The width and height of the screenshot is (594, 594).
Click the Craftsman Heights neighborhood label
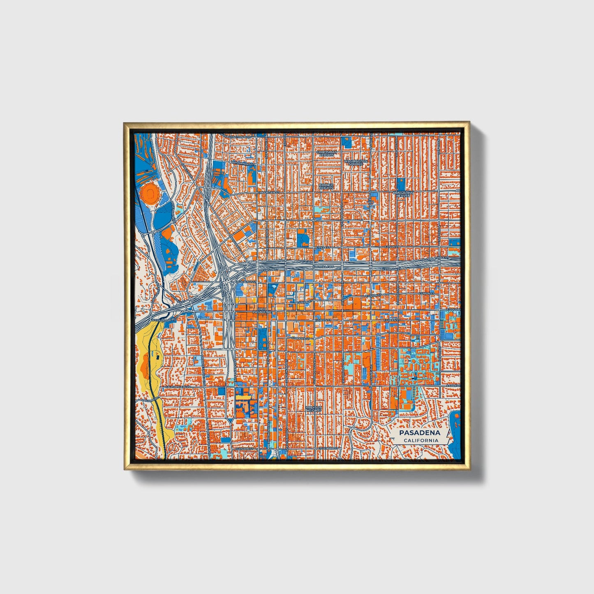[327, 154]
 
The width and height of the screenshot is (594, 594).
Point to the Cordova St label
[299, 338]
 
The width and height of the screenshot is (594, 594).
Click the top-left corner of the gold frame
[125, 123]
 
